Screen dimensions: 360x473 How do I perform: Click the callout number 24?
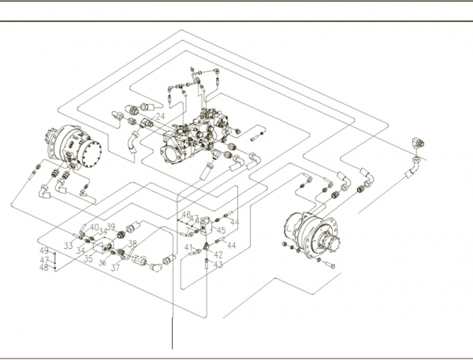point(160,117)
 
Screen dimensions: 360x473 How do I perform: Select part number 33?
point(69,247)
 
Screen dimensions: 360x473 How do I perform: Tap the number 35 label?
point(88,258)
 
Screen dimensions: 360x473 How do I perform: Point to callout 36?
point(102,263)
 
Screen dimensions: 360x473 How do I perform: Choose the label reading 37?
point(115,268)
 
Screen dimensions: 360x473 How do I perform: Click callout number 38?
point(132,244)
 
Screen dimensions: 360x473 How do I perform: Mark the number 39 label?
point(111,227)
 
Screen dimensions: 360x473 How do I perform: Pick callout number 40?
point(95,228)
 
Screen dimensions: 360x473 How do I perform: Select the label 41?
point(188,248)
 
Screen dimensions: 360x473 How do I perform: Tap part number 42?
point(218,255)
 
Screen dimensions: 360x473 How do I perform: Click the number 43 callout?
point(218,265)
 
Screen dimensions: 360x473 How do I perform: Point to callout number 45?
point(222,231)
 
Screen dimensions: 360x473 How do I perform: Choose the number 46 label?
point(186,215)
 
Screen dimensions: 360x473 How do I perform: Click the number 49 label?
point(44,251)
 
